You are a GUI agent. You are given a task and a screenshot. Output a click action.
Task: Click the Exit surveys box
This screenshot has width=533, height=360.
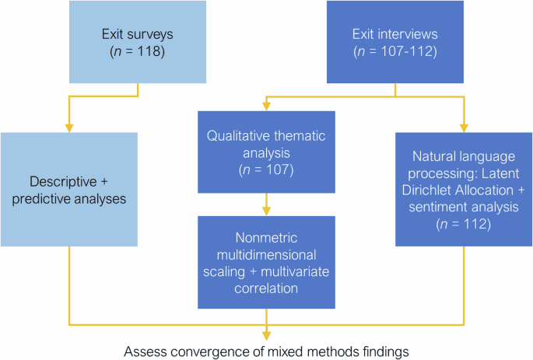pyautogui.click(x=138, y=43)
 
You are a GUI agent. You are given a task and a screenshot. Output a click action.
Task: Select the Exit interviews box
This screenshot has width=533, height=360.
pyautogui.click(x=395, y=43)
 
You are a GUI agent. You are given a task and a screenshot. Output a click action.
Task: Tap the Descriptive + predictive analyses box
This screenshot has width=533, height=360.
pyautogui.click(x=69, y=190)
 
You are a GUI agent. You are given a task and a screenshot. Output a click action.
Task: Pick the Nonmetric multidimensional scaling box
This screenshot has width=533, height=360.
pyautogui.click(x=267, y=254)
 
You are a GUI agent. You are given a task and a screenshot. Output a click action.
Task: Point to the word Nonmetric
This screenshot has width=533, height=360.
pyautogui.click(x=267, y=237)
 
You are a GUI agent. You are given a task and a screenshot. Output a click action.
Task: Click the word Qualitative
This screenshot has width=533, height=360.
pyautogui.click(x=239, y=134)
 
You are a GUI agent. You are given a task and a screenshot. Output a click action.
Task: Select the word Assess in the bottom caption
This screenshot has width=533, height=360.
pyautogui.click(x=144, y=351)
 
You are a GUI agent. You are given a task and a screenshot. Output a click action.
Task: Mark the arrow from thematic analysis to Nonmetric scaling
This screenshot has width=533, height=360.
pyautogui.click(x=267, y=204)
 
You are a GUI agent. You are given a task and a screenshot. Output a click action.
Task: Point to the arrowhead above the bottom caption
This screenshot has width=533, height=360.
pyautogui.click(x=267, y=334)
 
